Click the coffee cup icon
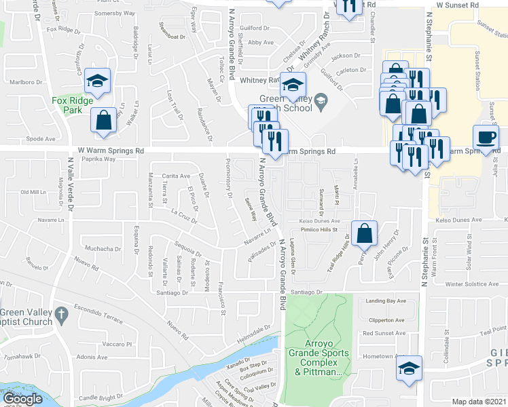(x=486, y=138)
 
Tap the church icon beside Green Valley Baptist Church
(x=61, y=315)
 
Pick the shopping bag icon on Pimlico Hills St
(x=365, y=233)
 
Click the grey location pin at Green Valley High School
(x=322, y=103)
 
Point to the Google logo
(x=23, y=399)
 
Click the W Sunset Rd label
(x=458, y=4)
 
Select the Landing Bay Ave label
(x=385, y=301)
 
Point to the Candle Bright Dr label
(x=101, y=396)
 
